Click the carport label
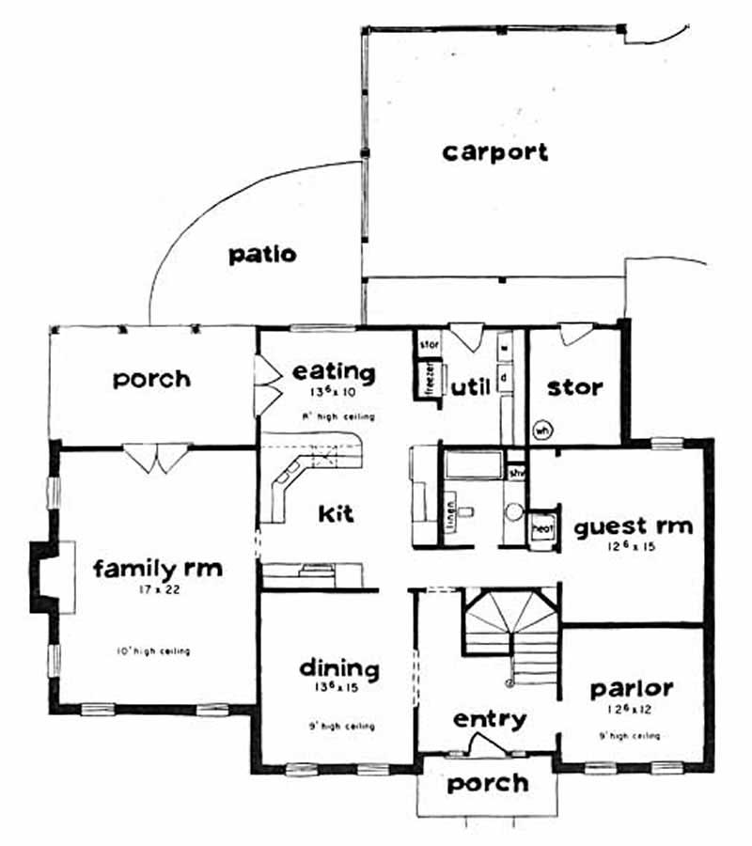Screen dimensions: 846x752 (494, 152)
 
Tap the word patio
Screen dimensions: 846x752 (262, 254)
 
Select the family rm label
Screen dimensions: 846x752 (158, 569)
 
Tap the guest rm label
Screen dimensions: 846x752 (633, 525)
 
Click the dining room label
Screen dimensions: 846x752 (338, 669)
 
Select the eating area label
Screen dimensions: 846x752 (334, 372)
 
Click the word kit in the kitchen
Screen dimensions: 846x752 (336, 514)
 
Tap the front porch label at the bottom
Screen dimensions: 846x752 (486, 783)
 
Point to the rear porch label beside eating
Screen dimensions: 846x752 (151, 379)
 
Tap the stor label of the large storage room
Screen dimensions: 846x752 (574, 387)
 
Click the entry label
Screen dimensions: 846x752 (489, 720)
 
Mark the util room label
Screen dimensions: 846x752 (470, 386)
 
